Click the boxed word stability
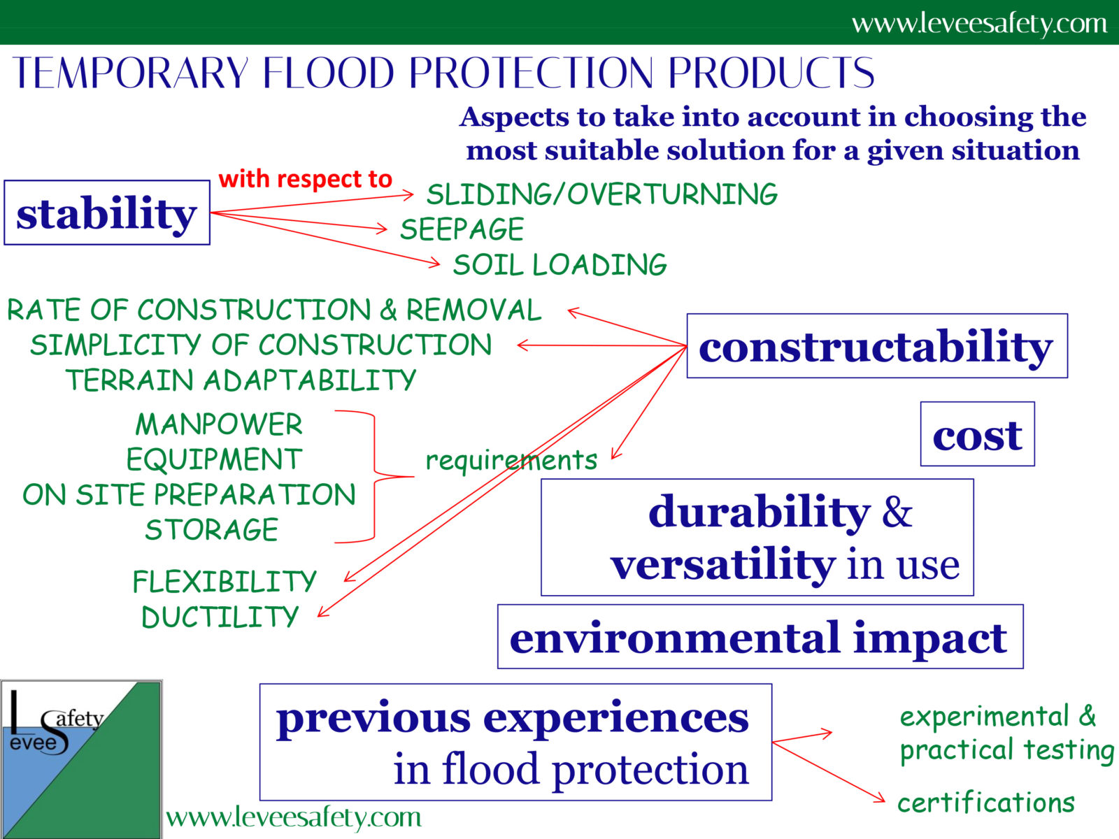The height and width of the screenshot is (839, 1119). [106, 214]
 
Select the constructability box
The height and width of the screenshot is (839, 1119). [877, 345]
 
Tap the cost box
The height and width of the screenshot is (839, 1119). [977, 433]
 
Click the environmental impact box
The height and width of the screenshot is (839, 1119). [760, 636]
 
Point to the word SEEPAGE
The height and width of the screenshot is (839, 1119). [462, 229]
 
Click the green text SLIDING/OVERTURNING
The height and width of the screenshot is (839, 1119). [601, 194]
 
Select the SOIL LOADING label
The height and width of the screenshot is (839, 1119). [559, 265]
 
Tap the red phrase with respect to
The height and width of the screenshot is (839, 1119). [306, 179]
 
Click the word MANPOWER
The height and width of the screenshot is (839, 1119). [219, 424]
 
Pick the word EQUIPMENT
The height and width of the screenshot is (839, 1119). [214, 459]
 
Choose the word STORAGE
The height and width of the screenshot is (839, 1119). [212, 529]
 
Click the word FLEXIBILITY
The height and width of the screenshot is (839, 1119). [224, 582]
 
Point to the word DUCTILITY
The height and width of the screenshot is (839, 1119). [220, 617]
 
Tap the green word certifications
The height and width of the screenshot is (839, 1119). [986, 803]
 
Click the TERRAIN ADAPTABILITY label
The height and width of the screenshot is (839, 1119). [241, 380]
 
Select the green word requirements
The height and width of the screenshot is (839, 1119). [511, 461]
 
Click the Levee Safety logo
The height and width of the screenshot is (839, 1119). [81, 759]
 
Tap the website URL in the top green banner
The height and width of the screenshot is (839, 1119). [979, 24]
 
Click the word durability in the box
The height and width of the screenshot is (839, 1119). [759, 512]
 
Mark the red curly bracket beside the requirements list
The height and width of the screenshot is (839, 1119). [375, 476]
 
